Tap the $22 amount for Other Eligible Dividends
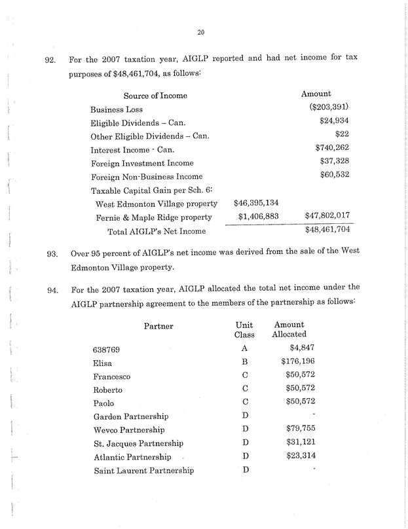click(x=342, y=136)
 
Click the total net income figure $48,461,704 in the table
click(x=328, y=230)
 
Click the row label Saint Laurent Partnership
click(x=143, y=470)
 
